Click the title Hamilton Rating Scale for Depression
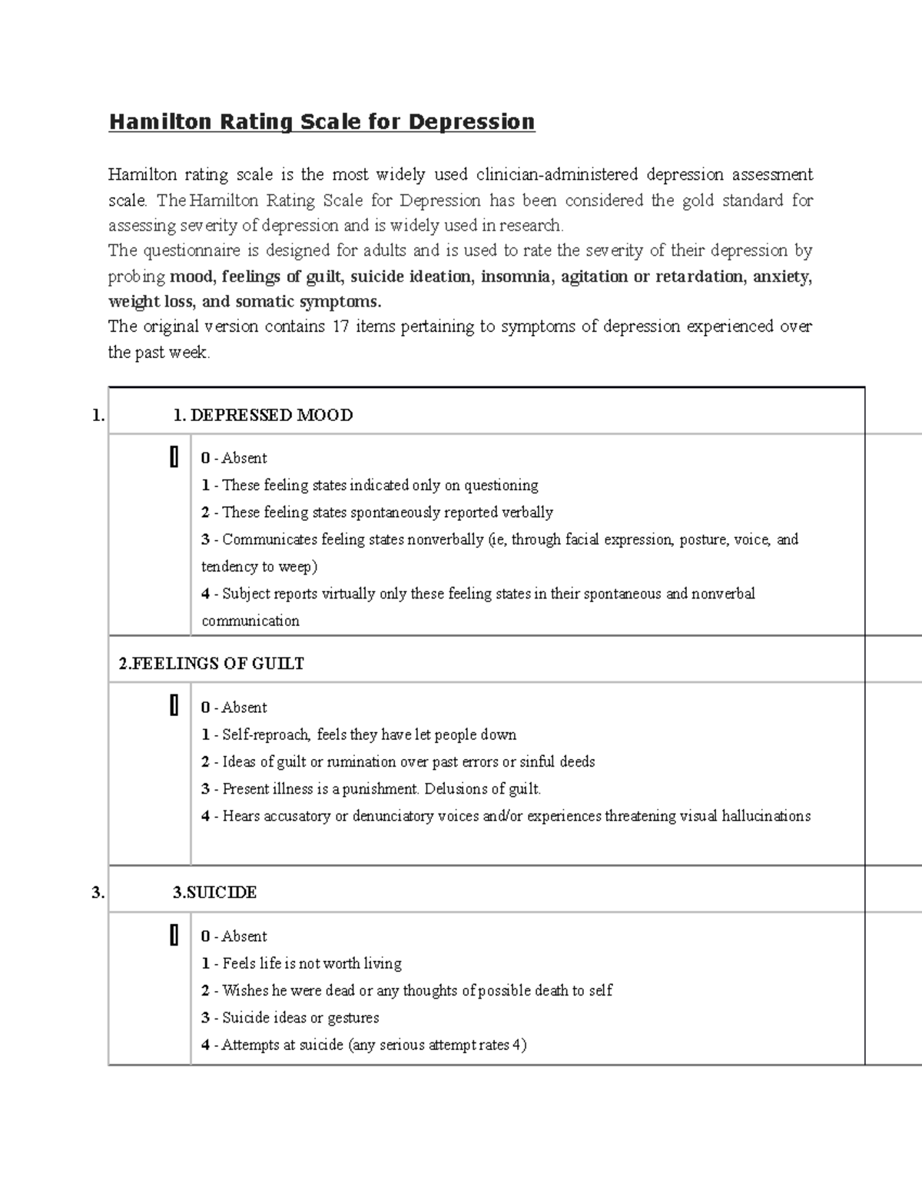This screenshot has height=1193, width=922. [321, 122]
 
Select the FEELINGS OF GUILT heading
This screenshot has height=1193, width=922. [211, 664]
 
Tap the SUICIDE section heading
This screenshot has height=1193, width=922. [214, 893]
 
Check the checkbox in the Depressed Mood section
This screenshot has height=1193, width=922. [174, 457]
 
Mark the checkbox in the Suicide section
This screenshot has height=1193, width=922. [174, 935]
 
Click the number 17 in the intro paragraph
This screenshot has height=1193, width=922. [340, 326]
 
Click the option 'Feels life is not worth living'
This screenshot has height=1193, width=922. [311, 963]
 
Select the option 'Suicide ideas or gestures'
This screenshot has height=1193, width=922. [300, 1018]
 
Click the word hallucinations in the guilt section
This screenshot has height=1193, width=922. [766, 816]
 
